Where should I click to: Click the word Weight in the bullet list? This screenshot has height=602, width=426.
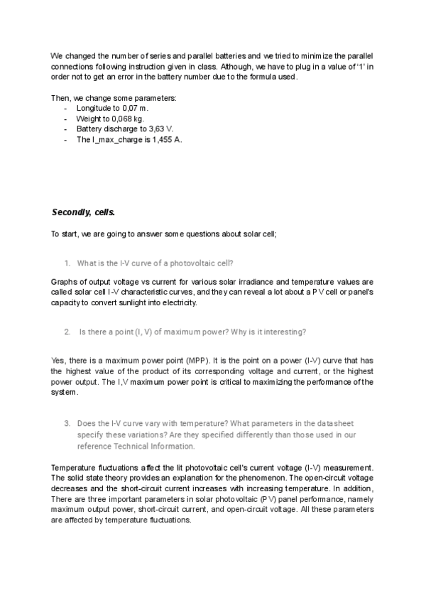click(89, 119)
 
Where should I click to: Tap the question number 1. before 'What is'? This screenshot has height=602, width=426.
click(67, 263)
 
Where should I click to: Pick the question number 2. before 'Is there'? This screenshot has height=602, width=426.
click(67, 332)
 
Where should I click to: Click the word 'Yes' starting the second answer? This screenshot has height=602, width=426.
click(58, 361)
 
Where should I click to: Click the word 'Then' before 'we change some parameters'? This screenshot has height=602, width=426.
click(60, 97)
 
